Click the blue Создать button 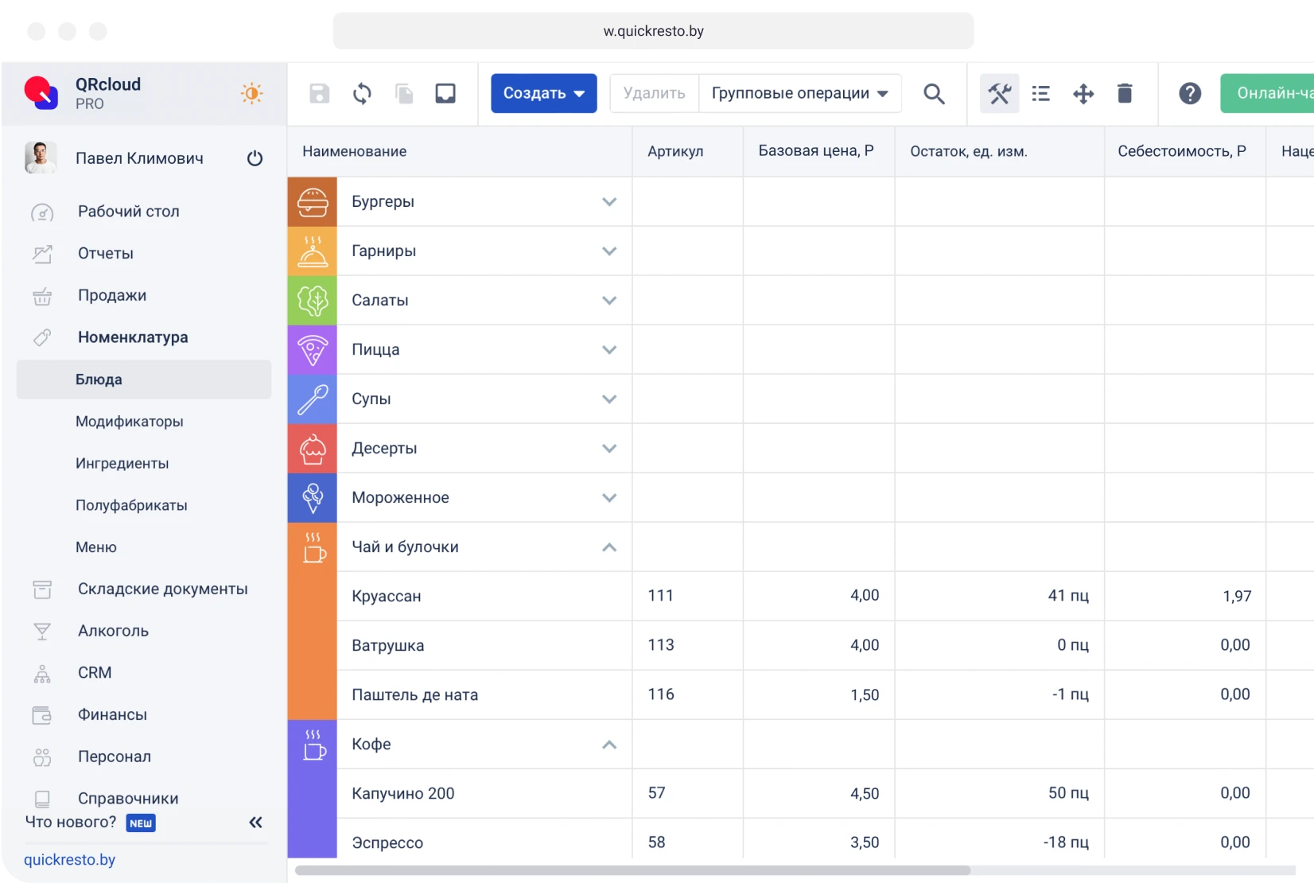pos(543,93)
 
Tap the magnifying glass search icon pos(934,94)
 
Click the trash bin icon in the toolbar pos(1125,94)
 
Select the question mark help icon pos(1190,94)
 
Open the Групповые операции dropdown pos(799,94)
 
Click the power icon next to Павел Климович pos(255,158)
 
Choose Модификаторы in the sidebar pos(130,422)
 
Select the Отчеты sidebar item pos(106,254)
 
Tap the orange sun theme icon pos(251,94)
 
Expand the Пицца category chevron pos(609,350)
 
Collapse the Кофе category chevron pos(609,745)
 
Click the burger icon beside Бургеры pos(313,202)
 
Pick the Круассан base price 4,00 pos(865,596)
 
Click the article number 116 pos(661,694)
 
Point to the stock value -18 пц pos(1066,842)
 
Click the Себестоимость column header pos(1181,151)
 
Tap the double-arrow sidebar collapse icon pos(255,823)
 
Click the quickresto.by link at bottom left pos(70,860)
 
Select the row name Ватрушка pos(388,646)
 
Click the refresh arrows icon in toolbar pos(362,94)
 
